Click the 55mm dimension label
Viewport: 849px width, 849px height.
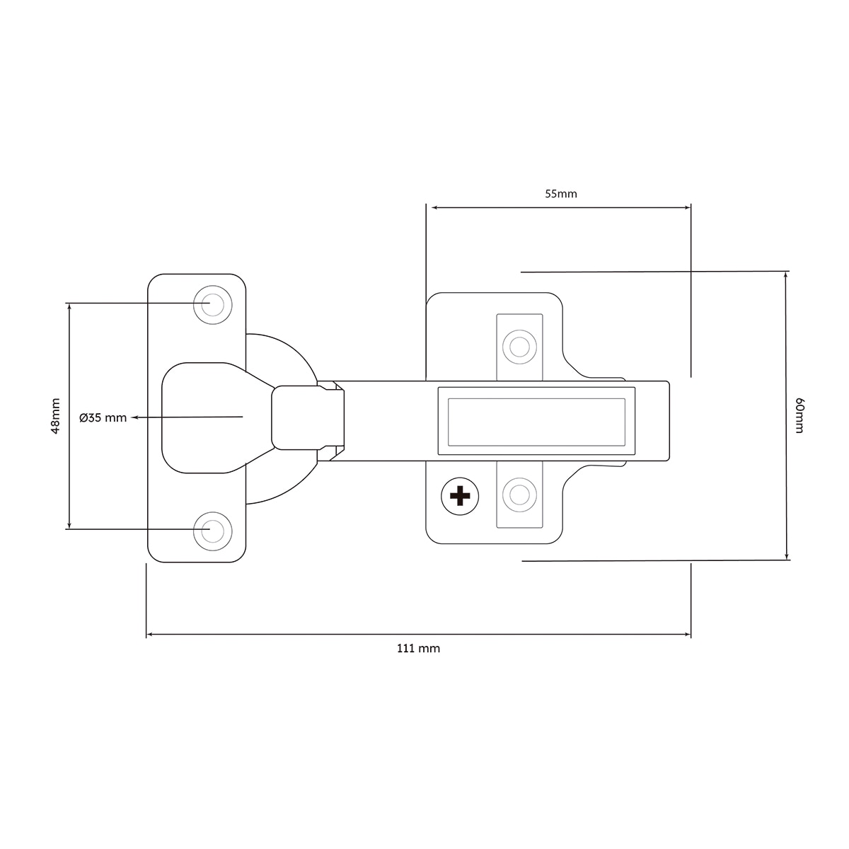pyautogui.click(x=560, y=194)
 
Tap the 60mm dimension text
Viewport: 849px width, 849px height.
pyautogui.click(x=799, y=415)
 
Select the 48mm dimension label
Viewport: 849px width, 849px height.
pyautogui.click(x=55, y=416)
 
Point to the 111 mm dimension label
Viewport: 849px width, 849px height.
pyautogui.click(x=418, y=649)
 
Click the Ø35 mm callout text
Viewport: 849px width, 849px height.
pyautogui.click(x=103, y=417)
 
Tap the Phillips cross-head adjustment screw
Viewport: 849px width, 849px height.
pyautogui.click(x=460, y=497)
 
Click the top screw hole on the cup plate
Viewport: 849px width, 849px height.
pyautogui.click(x=213, y=305)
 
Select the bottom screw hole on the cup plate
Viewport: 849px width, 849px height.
pyautogui.click(x=213, y=531)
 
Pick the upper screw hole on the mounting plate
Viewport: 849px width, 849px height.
pyautogui.click(x=519, y=347)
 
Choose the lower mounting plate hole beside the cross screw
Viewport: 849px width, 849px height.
pyautogui.click(x=519, y=495)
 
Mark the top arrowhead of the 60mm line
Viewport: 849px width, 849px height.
pyautogui.click(x=785, y=275)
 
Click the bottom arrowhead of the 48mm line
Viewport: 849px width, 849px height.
pyautogui.click(x=69, y=525)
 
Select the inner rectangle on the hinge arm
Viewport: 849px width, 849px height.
pyautogui.click(x=536, y=422)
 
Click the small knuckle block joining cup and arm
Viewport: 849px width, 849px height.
pyautogui.click(x=295, y=417)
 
